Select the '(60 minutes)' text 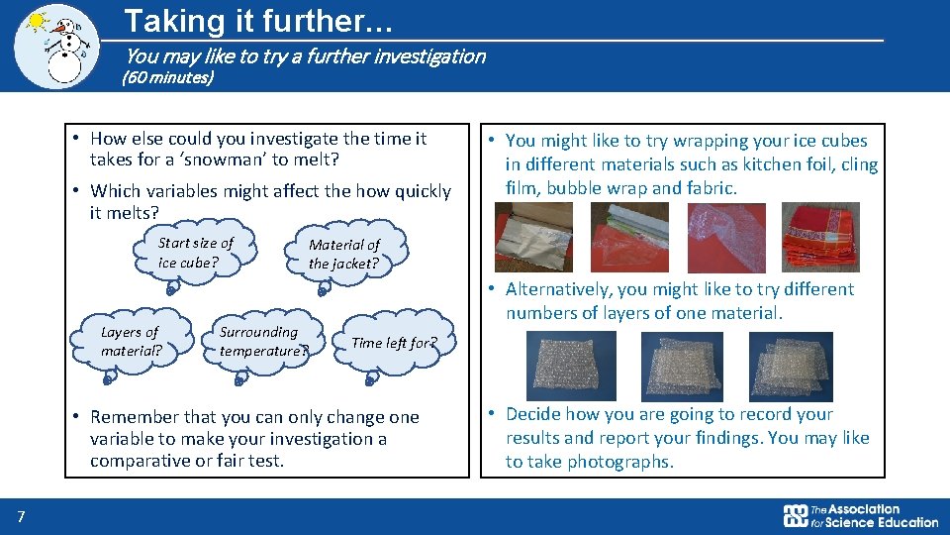tap(167, 76)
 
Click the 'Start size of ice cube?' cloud tap(196, 253)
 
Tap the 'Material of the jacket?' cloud tap(343, 254)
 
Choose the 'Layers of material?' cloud tap(130, 342)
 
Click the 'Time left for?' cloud tap(394, 343)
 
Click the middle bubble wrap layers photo tap(681, 366)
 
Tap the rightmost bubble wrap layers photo tap(791, 366)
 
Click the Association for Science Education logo tap(860, 515)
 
